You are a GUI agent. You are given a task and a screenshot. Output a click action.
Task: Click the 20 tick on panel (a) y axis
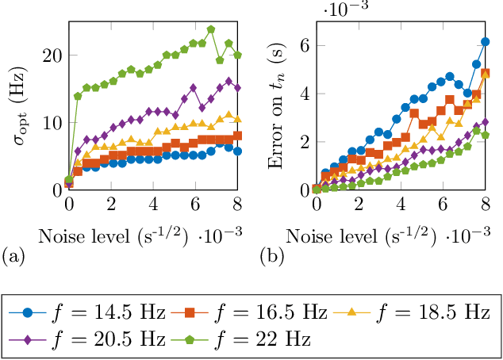pyautogui.click(x=53, y=56)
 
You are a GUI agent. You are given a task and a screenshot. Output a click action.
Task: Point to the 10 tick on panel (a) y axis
pyautogui.click(x=53, y=123)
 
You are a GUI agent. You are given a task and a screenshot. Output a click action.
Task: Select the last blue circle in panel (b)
pyautogui.click(x=486, y=42)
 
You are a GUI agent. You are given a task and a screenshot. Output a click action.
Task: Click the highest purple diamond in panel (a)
pyautogui.click(x=229, y=81)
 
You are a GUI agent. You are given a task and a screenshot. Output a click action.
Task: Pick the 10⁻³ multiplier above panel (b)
pyautogui.click(x=347, y=9)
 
